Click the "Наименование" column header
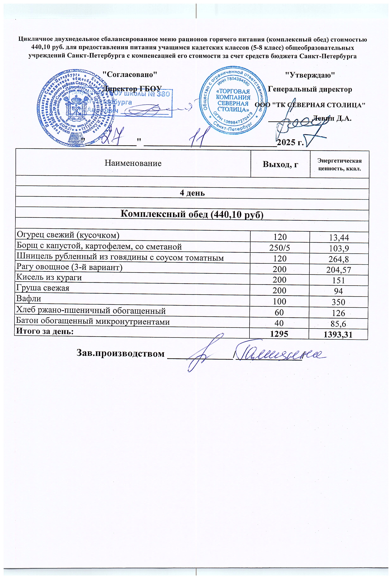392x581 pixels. click(133, 163)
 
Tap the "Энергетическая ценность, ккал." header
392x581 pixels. click(339, 164)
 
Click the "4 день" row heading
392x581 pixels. click(192, 193)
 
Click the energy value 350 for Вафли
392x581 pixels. click(339, 302)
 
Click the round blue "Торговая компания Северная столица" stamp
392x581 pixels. click(232, 100)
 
